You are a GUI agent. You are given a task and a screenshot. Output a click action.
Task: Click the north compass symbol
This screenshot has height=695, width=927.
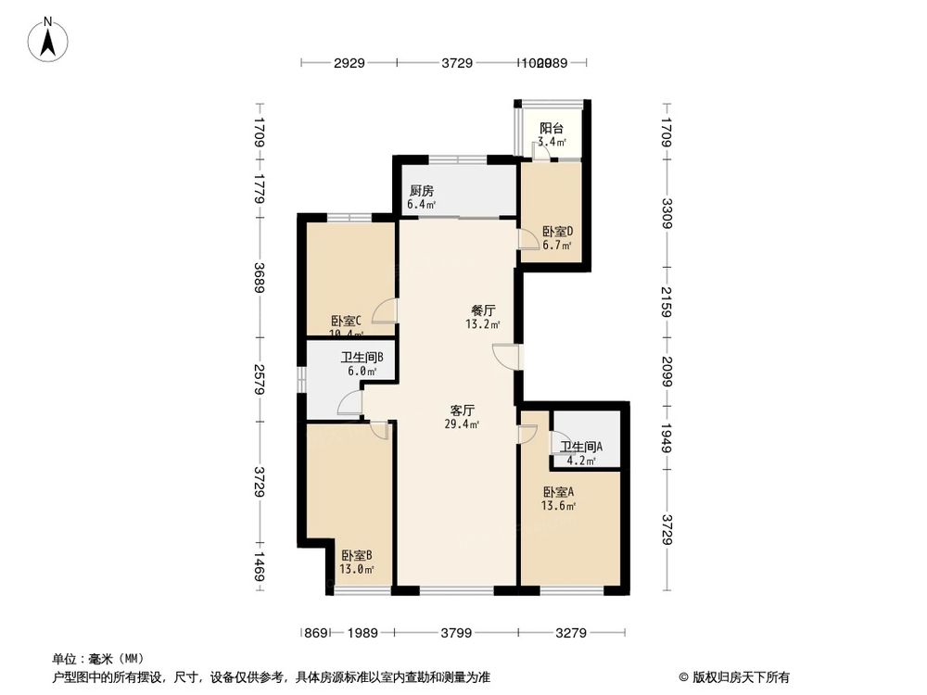pos(49,39)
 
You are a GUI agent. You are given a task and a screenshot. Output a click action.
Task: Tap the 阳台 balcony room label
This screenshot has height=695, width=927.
pos(551,129)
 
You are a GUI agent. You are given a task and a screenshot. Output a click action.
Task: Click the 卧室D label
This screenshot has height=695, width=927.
pos(557,232)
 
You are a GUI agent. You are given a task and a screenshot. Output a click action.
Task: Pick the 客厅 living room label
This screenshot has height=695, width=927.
pos(462,410)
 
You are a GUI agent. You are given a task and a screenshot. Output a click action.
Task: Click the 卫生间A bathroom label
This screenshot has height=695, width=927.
pos(581,446)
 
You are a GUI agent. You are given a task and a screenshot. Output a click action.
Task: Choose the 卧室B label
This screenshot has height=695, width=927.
pos(356,555)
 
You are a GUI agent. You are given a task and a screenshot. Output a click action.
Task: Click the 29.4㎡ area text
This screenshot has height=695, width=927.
pos(462,424)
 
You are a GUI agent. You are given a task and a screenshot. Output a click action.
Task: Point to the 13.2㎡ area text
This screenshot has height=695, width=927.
pos(483,325)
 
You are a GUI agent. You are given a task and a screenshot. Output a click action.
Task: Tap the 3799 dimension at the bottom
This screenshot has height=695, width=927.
pos(456,633)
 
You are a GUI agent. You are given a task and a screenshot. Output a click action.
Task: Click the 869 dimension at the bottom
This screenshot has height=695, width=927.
pos(315,633)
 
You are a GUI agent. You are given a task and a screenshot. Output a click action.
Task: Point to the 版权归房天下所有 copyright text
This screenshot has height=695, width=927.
pos(738,677)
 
